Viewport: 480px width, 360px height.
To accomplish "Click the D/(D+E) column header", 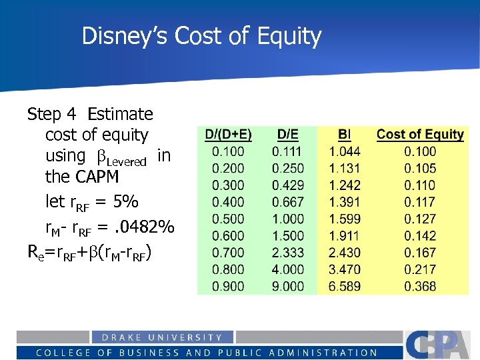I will [228, 135].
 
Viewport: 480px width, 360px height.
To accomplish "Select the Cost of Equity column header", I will [420, 135].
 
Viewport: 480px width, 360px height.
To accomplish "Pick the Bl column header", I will [345, 135].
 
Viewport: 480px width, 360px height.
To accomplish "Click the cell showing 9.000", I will [287, 287].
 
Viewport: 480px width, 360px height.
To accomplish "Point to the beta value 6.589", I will [345, 287].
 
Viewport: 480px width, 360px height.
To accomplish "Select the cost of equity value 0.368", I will [420, 287].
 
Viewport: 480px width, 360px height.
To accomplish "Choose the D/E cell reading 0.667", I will [287, 202].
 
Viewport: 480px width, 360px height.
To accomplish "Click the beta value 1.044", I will [345, 152].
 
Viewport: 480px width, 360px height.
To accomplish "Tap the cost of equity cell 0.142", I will [420, 236].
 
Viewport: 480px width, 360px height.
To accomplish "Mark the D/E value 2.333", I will [287, 253].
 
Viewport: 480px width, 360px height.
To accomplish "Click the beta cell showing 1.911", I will [345, 236].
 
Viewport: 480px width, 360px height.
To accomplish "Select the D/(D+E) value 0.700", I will [228, 253].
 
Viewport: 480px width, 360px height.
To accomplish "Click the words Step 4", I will [53, 114].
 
